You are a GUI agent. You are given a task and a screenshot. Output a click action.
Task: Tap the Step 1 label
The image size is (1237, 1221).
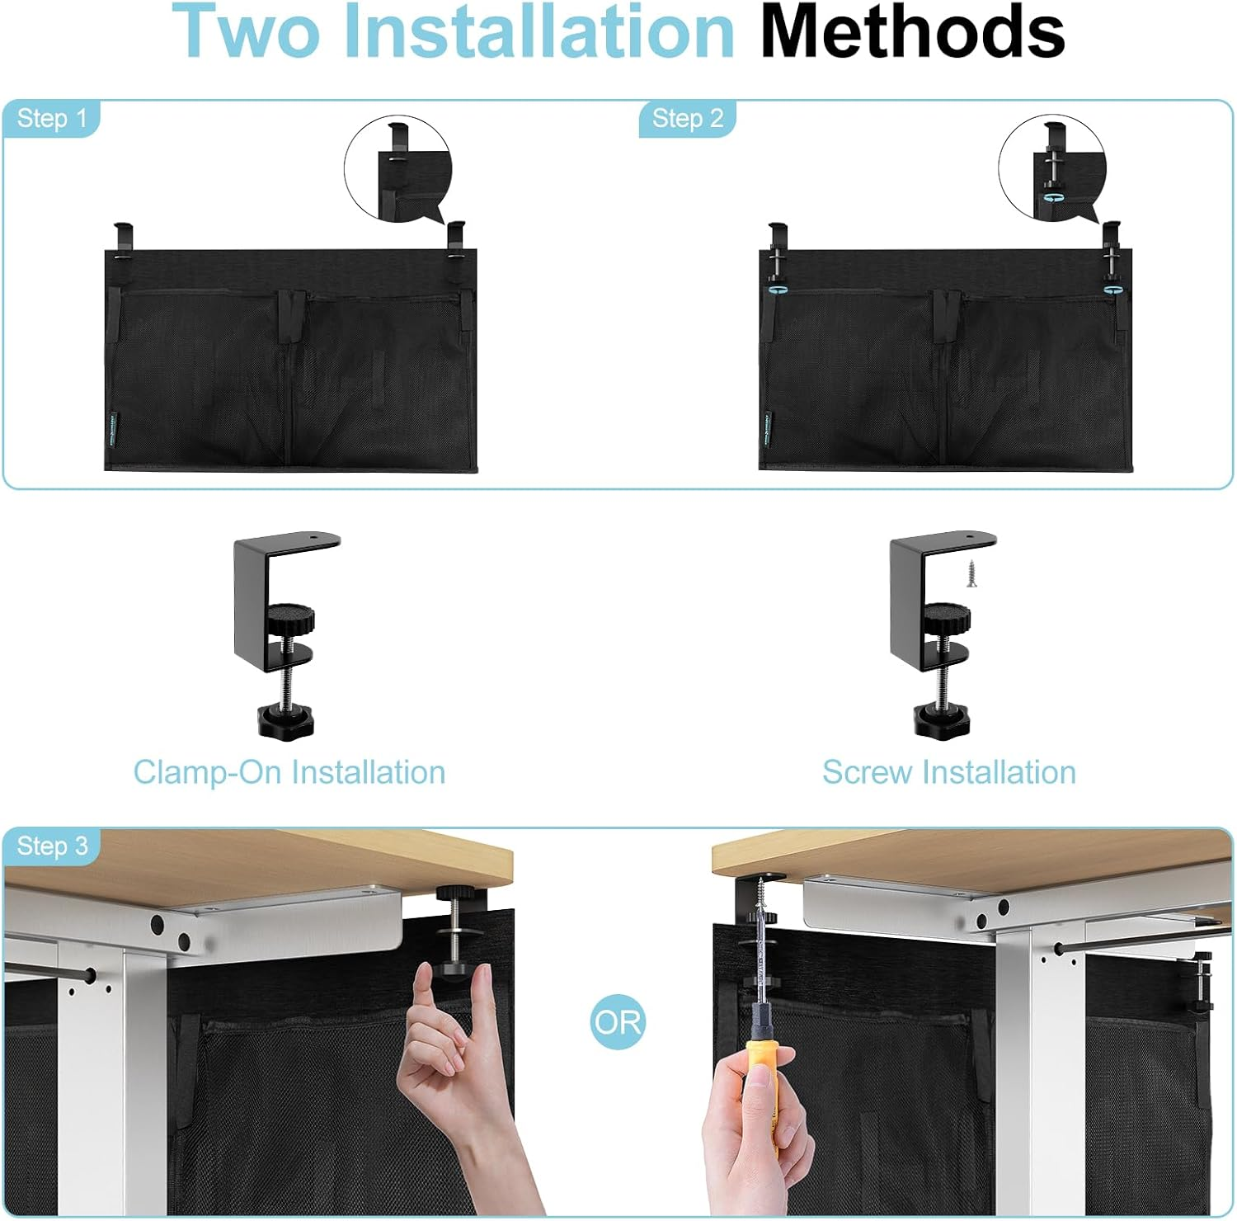[51, 118]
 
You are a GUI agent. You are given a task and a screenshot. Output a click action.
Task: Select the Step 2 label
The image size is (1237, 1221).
[687, 118]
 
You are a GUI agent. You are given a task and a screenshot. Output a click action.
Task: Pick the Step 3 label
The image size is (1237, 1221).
[51, 846]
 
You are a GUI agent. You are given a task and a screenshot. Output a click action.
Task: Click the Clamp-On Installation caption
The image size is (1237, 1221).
[289, 772]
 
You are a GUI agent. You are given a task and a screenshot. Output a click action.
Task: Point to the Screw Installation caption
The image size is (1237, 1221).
[948, 772]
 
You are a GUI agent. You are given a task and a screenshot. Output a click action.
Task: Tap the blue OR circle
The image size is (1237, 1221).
[618, 1023]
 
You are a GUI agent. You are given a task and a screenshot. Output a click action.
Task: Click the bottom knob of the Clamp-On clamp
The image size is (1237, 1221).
[285, 719]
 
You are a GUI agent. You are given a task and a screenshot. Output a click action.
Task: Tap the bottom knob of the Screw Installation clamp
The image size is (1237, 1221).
[941, 719]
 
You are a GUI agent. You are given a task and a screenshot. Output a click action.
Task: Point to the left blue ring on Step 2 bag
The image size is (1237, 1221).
[775, 290]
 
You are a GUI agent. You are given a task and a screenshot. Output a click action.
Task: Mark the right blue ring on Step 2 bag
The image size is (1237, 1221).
[1113, 290]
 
